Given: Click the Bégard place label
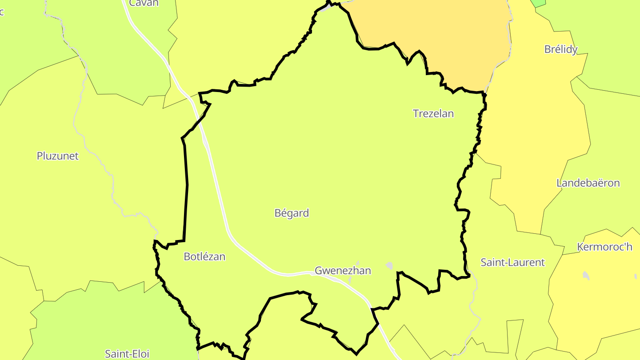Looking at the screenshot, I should (x=292, y=213).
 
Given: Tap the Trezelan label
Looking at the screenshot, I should (x=433, y=114).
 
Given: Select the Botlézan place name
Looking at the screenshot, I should (x=204, y=257).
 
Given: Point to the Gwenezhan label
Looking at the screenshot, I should (x=343, y=271).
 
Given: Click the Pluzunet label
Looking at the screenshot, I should (x=58, y=156).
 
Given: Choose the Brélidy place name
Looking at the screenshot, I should (x=561, y=49).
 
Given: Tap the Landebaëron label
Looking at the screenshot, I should (x=588, y=183).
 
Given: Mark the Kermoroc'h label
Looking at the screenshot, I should (x=604, y=247).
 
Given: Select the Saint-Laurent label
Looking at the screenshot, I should (x=512, y=263).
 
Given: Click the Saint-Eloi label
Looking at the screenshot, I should (x=127, y=354).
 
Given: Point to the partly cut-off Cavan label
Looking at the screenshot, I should (x=144, y=3).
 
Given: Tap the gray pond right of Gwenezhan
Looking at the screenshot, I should (x=389, y=266).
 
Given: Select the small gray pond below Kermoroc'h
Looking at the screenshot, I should (x=586, y=276).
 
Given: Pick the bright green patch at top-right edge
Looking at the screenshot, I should (x=538, y=3).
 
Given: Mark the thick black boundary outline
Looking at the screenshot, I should (x=186, y=187).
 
